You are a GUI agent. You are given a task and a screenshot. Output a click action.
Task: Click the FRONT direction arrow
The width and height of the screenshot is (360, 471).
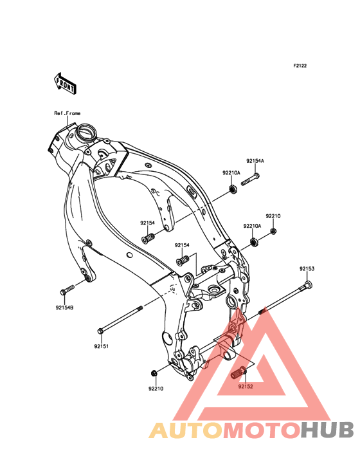click(65, 83)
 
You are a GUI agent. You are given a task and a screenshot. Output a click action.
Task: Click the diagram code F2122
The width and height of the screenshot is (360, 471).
click(300, 66)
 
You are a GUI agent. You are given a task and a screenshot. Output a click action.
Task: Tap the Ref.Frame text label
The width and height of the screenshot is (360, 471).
click(67, 113)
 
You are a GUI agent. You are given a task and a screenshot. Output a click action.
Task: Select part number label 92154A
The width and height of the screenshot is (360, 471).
click(255, 161)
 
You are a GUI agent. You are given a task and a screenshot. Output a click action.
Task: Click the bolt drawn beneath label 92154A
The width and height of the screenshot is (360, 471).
click(250, 180)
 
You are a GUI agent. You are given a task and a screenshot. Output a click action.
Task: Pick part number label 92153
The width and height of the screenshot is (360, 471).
click(307, 268)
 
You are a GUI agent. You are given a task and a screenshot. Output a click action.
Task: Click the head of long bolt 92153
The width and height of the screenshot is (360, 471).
click(308, 284)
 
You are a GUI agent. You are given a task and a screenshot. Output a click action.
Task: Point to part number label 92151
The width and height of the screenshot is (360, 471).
click(102, 346)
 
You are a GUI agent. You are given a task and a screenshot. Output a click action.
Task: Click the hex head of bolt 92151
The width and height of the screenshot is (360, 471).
click(101, 331)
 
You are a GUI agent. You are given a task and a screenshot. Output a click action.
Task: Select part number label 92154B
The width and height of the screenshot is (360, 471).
click(64, 308)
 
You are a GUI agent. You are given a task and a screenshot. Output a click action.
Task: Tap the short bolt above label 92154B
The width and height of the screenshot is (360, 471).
click(67, 290)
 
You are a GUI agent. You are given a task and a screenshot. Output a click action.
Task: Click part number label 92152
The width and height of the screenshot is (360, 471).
click(246, 386)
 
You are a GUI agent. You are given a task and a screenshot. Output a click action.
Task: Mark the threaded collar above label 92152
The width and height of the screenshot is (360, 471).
click(239, 372)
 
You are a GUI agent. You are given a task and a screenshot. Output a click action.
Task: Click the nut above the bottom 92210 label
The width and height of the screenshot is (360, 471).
click(153, 373)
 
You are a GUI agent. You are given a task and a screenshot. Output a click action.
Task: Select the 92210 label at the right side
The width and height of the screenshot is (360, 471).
click(273, 216)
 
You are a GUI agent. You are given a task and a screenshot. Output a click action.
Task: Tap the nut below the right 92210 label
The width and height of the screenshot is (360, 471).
click(273, 231)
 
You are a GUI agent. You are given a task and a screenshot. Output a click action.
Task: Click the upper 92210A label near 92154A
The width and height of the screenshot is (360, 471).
click(231, 172)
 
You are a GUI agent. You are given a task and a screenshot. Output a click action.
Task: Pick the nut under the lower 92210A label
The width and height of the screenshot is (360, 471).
click(255, 242)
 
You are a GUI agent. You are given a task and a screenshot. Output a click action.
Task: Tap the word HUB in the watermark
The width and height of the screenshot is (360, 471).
click(328, 430)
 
